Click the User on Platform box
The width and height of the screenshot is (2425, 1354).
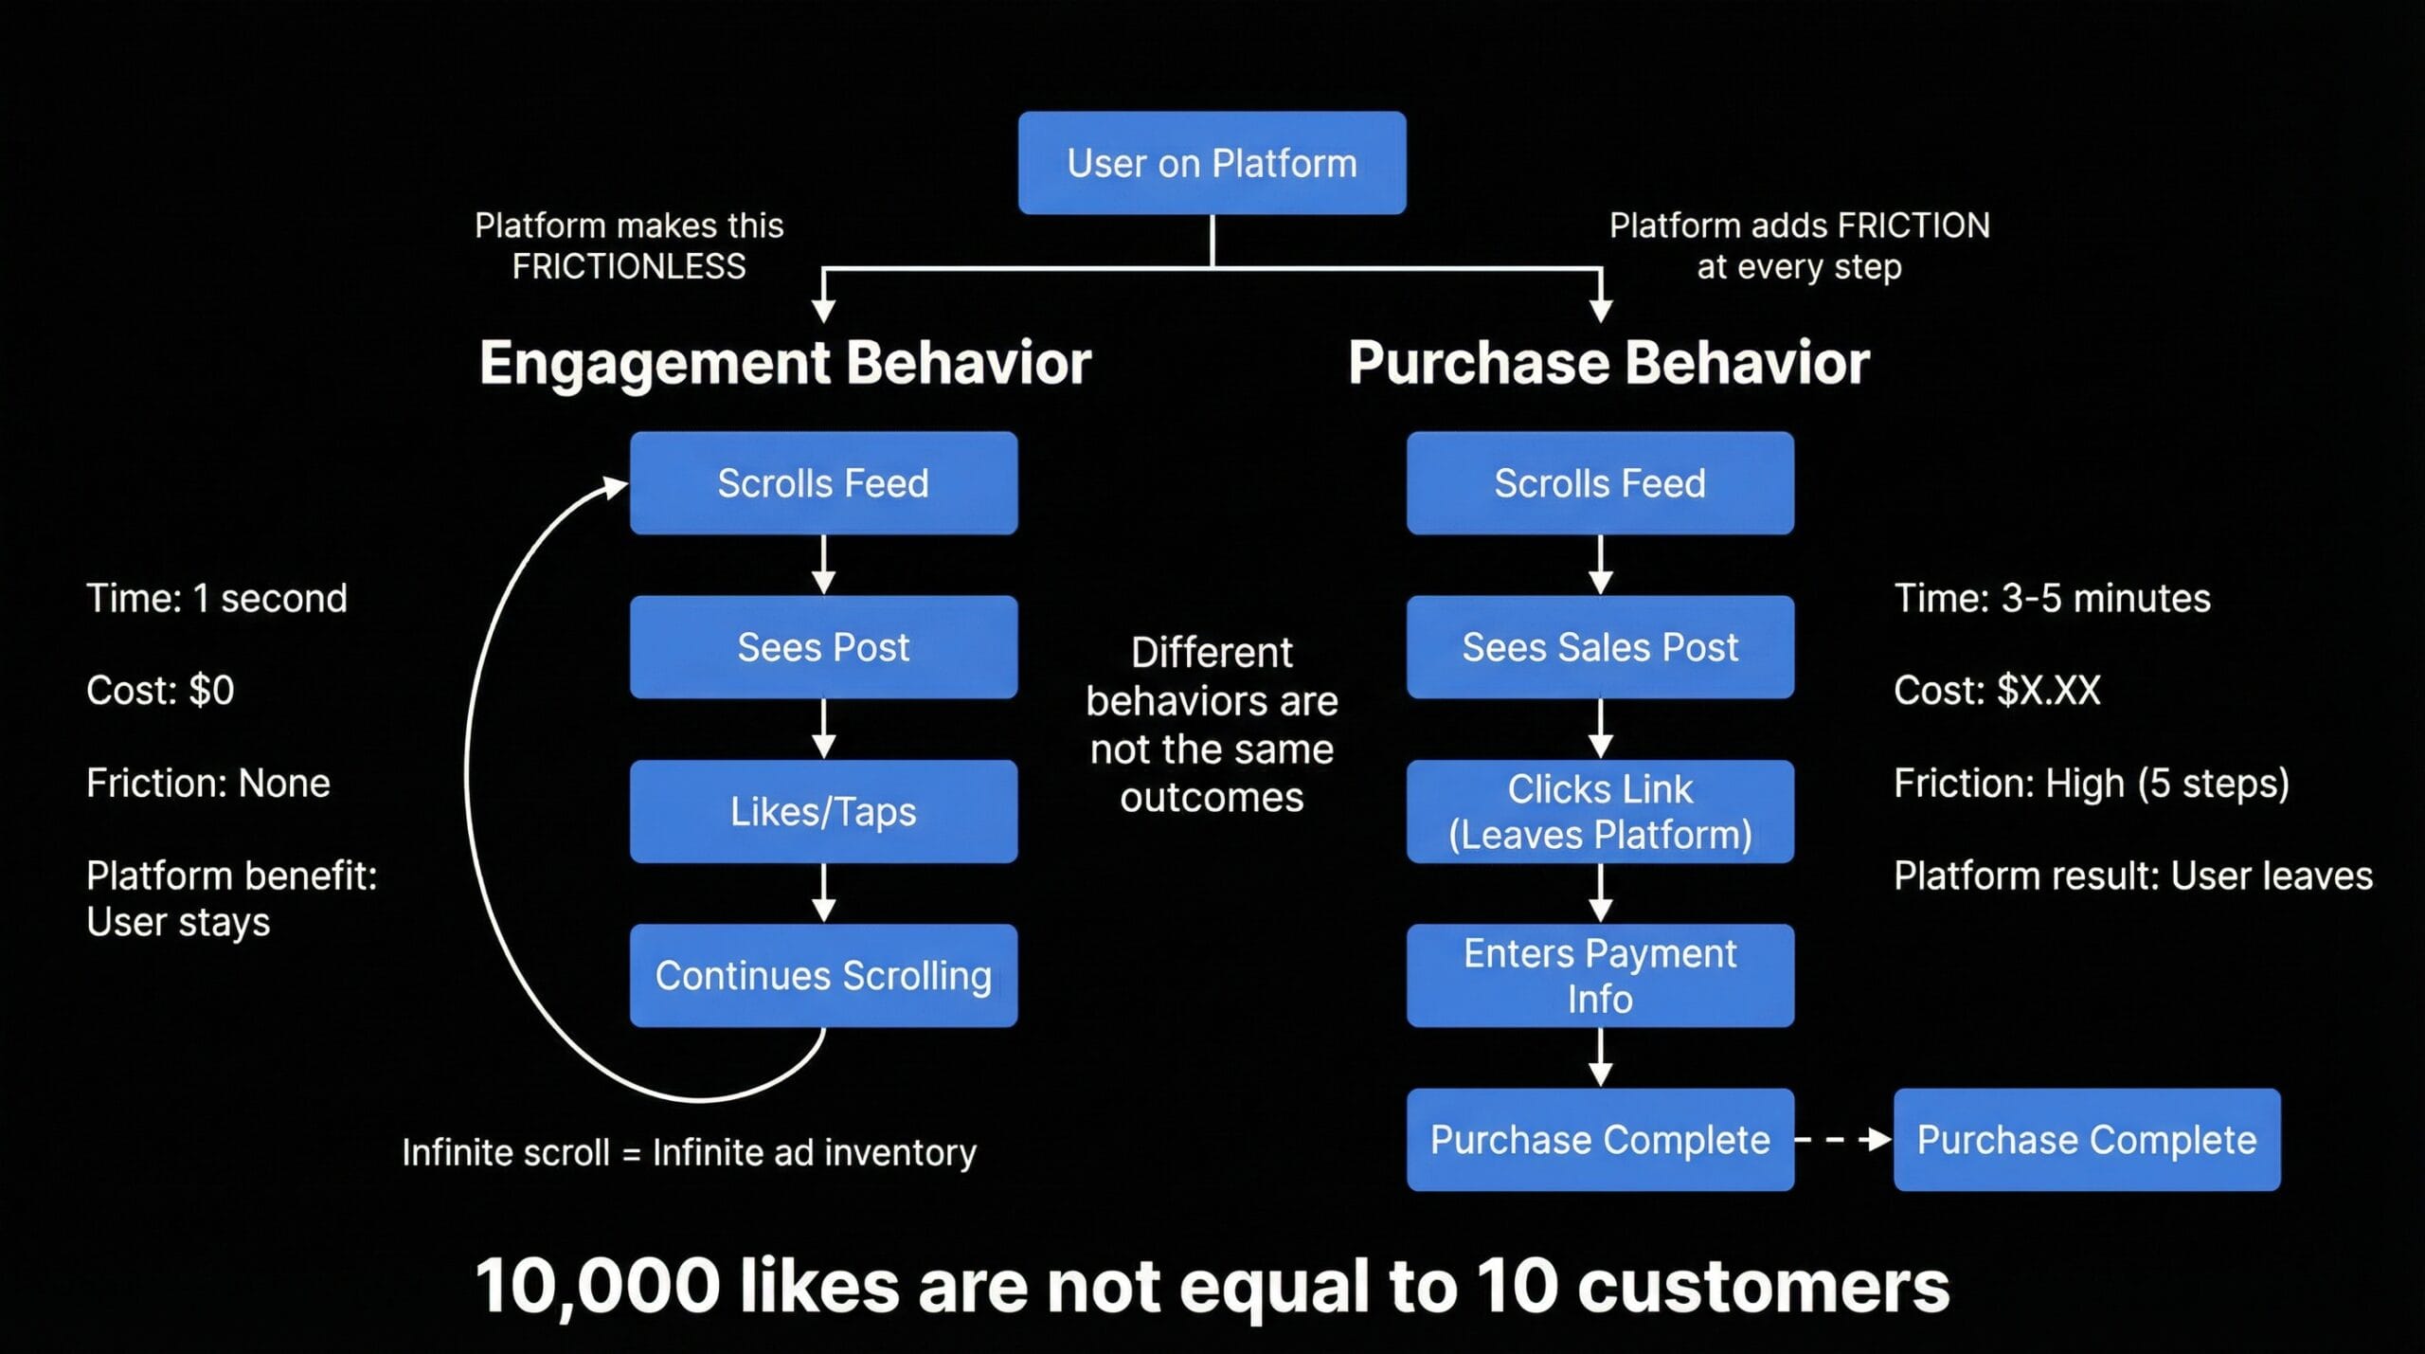point(1212,163)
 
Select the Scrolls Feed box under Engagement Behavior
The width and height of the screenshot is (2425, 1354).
point(823,483)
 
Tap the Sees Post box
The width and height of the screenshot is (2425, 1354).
point(823,647)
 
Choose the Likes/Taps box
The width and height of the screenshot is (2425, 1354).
point(823,811)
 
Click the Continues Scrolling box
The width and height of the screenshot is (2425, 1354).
point(823,975)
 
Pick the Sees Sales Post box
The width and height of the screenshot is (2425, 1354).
point(1600,647)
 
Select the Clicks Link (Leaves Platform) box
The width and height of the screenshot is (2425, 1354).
point(1600,811)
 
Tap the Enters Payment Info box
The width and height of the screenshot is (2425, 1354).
point(1600,975)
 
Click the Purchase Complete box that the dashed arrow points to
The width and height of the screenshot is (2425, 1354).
point(2087,1139)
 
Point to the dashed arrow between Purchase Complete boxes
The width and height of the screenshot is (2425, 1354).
point(1843,1139)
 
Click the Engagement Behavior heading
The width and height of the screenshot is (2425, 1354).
point(785,363)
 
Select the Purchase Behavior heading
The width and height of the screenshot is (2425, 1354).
point(1608,363)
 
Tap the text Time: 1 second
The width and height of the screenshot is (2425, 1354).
point(217,599)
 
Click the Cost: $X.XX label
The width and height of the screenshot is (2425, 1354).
point(1997,691)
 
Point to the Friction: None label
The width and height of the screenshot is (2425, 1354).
point(208,784)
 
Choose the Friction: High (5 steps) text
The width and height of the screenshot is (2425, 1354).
point(2092,784)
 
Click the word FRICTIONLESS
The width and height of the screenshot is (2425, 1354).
point(629,267)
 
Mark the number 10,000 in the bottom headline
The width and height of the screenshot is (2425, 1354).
point(597,1286)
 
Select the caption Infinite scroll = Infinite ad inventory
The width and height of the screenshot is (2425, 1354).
point(689,1153)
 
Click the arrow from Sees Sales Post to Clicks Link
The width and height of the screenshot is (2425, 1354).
point(1600,728)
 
